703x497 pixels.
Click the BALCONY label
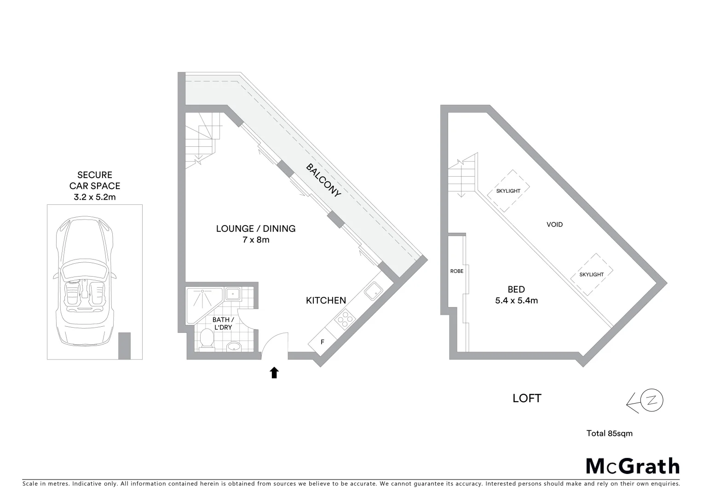(324, 180)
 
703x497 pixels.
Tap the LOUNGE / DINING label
(256, 229)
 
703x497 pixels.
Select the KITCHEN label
(326, 301)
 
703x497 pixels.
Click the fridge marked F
(322, 342)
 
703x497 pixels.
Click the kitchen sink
(373, 290)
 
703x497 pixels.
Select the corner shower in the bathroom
(202, 301)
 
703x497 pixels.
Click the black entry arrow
(274, 372)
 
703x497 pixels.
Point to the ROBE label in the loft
(457, 271)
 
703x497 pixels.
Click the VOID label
(554, 225)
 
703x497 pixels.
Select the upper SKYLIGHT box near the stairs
(508, 191)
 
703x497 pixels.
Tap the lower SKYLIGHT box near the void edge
(592, 274)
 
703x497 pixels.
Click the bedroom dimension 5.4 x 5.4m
(516, 301)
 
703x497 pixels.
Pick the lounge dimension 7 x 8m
(256, 240)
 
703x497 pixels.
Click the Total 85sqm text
(609, 433)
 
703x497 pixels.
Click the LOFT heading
(527, 398)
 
